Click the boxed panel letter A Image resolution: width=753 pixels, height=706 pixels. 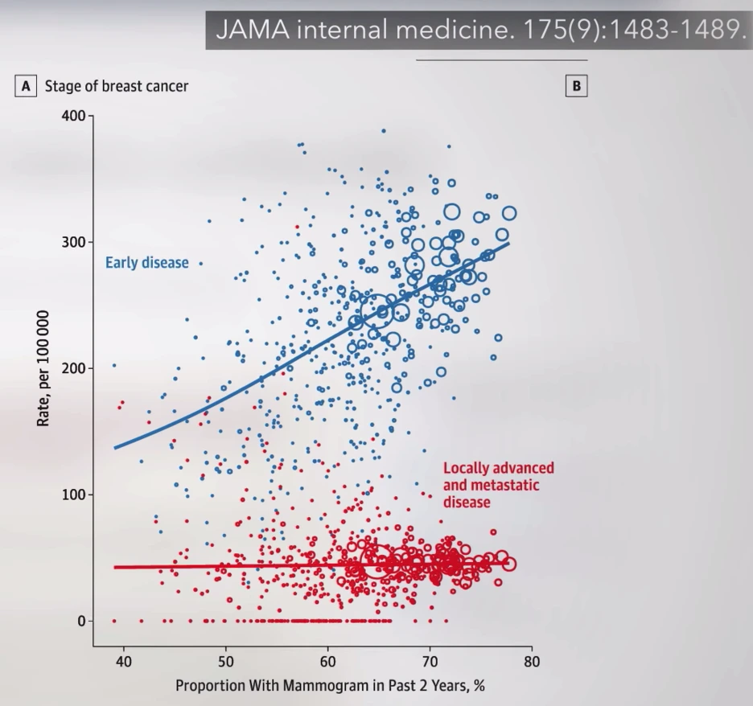pos(26,85)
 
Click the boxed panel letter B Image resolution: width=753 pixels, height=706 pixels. pos(577,85)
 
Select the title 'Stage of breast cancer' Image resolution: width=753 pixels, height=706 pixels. pos(116,85)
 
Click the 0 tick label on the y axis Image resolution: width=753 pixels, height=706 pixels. pos(80,621)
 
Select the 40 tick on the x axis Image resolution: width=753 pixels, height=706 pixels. pos(124,663)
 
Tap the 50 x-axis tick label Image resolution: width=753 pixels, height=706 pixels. pos(226,663)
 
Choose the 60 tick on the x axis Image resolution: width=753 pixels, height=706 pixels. pos(328,663)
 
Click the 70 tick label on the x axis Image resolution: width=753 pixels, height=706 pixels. pos(430,663)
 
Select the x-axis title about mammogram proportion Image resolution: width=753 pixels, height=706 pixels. pos(330,686)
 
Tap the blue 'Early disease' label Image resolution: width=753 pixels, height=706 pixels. pos(146,263)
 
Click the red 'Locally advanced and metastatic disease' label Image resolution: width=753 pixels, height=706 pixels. pos(498,485)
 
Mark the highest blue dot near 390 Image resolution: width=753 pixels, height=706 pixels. pos(384,130)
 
